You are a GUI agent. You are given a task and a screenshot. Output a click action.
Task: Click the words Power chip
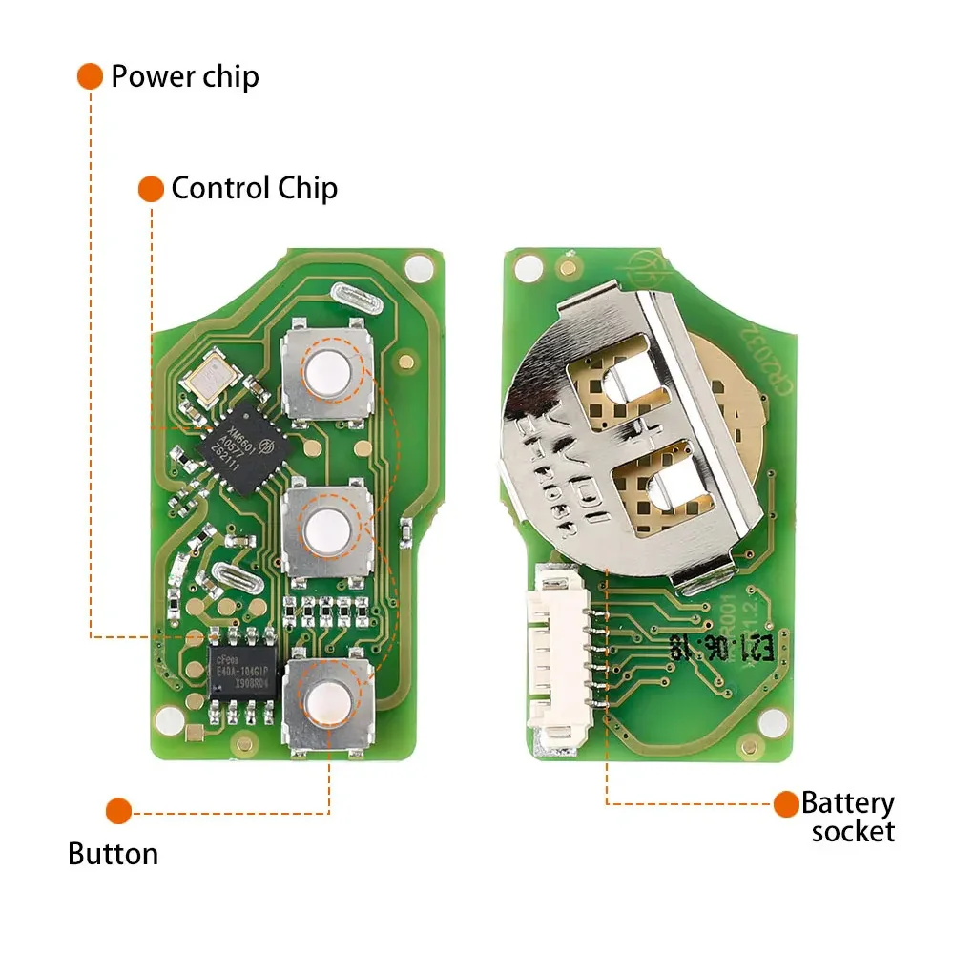click(184, 76)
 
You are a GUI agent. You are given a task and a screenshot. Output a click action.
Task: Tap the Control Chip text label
click(254, 188)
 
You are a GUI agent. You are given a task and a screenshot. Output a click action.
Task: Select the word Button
click(113, 853)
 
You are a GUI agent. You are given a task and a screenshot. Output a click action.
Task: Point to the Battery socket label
click(848, 817)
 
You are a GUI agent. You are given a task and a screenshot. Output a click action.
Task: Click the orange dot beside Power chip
click(90, 76)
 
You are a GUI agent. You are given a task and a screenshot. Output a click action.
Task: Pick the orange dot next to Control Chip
click(151, 188)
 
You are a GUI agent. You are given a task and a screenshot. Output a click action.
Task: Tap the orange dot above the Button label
click(118, 812)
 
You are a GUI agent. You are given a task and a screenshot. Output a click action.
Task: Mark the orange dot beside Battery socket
click(786, 804)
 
